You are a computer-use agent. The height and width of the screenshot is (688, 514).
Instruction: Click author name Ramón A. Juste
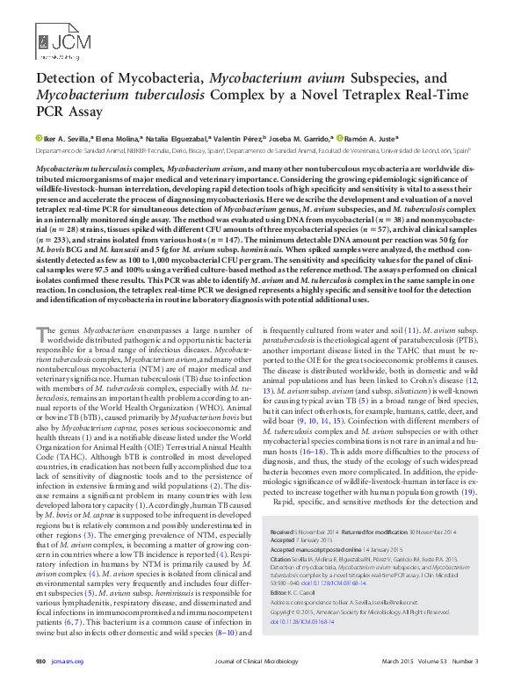[x=372, y=139]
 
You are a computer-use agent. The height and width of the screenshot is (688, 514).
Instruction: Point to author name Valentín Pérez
[x=243, y=139]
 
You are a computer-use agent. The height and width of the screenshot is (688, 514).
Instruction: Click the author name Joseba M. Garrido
[x=303, y=139]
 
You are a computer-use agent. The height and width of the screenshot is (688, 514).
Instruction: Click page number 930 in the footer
[x=40, y=673]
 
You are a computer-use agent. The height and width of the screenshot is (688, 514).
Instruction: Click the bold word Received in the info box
[x=284, y=532]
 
